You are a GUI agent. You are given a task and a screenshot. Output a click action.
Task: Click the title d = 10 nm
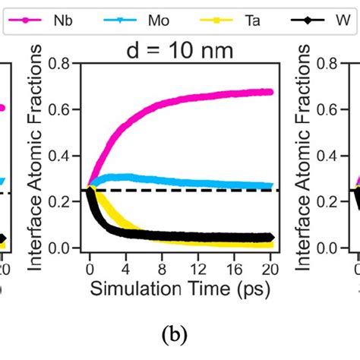click(x=180, y=51)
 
